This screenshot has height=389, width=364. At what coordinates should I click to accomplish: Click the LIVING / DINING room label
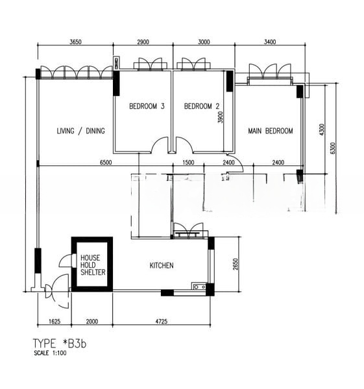pyautogui.click(x=80, y=131)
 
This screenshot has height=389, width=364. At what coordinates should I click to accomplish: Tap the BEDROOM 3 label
pyautogui.click(x=147, y=106)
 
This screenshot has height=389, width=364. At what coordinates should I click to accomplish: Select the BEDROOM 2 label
pyautogui.click(x=202, y=106)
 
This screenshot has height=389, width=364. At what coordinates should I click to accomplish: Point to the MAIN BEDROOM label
pyautogui.click(x=271, y=131)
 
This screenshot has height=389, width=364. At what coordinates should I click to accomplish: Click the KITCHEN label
pyautogui.click(x=162, y=265)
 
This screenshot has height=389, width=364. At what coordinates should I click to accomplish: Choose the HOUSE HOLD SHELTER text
pyautogui.click(x=93, y=265)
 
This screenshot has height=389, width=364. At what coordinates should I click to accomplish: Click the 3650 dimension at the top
pyautogui.click(x=75, y=41)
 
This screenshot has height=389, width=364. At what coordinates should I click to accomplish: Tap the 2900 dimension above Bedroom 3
pyautogui.click(x=143, y=41)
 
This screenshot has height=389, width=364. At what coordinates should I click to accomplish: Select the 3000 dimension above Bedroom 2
pyautogui.click(x=204, y=41)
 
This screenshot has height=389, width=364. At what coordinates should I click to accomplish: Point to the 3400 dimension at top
pyautogui.click(x=270, y=41)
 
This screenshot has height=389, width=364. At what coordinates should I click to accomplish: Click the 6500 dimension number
pyautogui.click(x=106, y=163)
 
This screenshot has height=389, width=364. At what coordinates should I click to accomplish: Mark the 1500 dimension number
pyautogui.click(x=188, y=163)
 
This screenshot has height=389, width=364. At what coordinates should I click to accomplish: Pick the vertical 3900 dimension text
pyautogui.click(x=220, y=117)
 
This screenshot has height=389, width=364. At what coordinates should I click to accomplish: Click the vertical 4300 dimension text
pyautogui.click(x=322, y=130)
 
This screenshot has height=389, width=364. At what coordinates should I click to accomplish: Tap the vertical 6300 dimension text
pyautogui.click(x=333, y=148)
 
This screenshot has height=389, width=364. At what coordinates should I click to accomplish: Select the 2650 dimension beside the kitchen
pyautogui.click(x=236, y=265)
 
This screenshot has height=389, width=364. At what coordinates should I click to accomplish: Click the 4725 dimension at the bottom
pyautogui.click(x=162, y=322)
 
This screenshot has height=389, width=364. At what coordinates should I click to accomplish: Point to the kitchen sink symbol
pyautogui.click(x=199, y=287)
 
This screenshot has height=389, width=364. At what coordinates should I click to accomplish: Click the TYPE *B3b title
pyautogui.click(x=60, y=344)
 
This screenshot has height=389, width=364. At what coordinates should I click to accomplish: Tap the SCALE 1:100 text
pyautogui.click(x=50, y=353)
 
